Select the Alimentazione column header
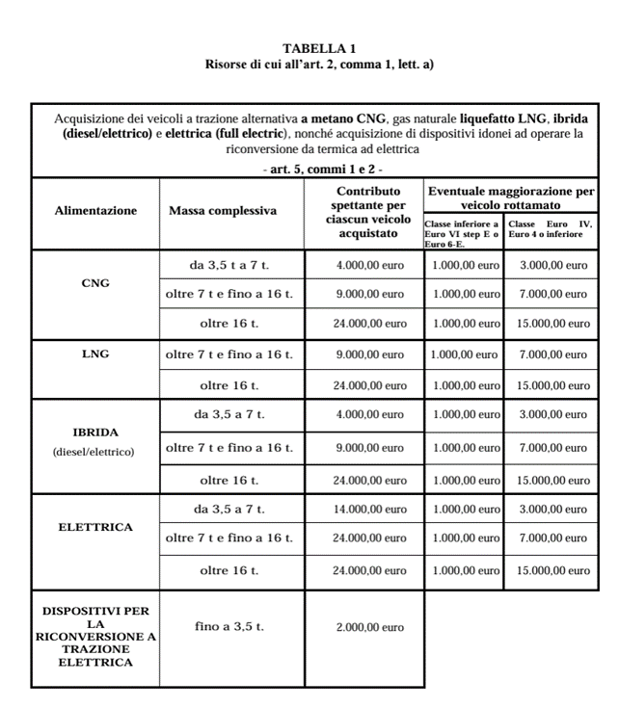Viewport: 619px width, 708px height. (x=95, y=210)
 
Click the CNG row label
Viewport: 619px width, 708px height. (x=95, y=283)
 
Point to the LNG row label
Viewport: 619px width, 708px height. (x=95, y=354)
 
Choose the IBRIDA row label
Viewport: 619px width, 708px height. (x=95, y=433)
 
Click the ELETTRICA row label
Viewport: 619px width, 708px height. (x=95, y=527)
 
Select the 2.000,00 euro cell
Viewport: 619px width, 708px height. (x=370, y=627)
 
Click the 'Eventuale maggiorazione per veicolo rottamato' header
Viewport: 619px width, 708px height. (x=511, y=198)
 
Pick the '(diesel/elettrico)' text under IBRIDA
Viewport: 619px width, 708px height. (x=95, y=451)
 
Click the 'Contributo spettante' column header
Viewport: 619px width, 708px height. (x=364, y=210)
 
